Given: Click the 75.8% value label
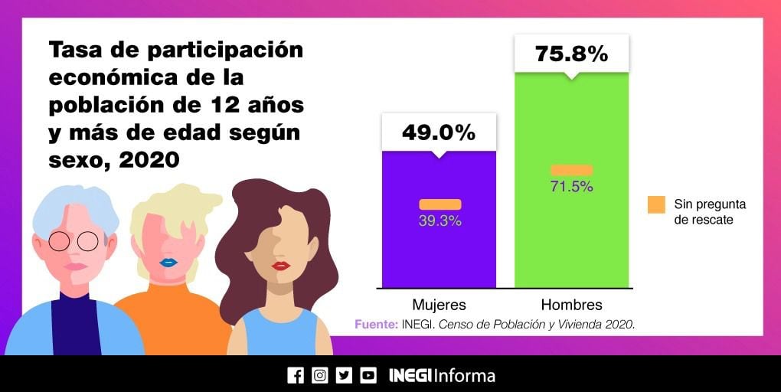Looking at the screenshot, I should click(571, 54).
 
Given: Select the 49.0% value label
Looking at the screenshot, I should click(439, 132).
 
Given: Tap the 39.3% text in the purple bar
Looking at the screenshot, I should click(440, 221).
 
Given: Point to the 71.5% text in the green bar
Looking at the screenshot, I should click(571, 187).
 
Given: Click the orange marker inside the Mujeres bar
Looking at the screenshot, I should click(440, 204).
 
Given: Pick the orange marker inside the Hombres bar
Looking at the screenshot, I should click(571, 170).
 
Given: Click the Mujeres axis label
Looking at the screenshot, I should click(439, 304).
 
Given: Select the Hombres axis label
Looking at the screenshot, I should click(571, 304).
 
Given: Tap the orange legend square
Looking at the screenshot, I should click(656, 204).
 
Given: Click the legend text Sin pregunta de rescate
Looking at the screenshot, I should click(709, 212).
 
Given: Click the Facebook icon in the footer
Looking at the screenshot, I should click(295, 375).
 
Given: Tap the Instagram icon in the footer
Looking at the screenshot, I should click(319, 375).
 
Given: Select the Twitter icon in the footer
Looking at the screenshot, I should click(344, 375).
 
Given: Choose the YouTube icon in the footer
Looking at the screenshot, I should click(368, 375).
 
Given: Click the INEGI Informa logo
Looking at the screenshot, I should click(442, 375).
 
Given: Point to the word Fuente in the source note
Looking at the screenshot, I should click(375, 325).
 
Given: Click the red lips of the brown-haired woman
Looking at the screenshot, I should click(281, 266).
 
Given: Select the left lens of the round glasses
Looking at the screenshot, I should click(59, 242).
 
